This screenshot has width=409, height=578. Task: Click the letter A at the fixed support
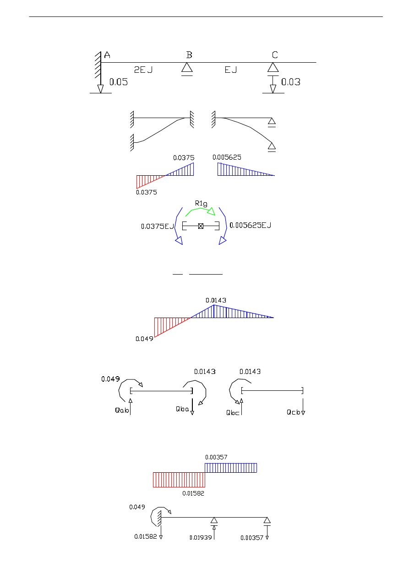[x=107, y=55]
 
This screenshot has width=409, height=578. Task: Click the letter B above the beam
[x=189, y=55]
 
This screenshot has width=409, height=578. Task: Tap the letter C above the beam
[x=275, y=55]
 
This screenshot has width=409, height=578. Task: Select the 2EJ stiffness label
[x=143, y=70]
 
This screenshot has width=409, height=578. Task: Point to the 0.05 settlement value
[x=118, y=82]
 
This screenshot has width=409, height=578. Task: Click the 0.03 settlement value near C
[x=291, y=82]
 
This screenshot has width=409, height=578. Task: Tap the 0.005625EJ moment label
[x=250, y=225]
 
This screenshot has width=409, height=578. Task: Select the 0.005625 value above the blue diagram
[x=227, y=157]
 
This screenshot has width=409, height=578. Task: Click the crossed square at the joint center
[x=201, y=226]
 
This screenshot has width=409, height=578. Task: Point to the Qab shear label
[x=121, y=410]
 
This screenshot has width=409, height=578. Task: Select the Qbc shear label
[x=233, y=412]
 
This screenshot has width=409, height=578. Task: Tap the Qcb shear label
[x=293, y=412]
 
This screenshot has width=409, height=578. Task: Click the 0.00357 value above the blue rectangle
[x=216, y=457]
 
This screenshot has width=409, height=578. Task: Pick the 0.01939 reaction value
[x=201, y=538]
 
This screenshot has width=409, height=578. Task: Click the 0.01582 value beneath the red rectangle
[x=193, y=493]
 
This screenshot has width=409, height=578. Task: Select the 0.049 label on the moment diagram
[x=144, y=339]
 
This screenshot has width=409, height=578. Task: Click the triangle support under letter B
[x=186, y=68]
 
